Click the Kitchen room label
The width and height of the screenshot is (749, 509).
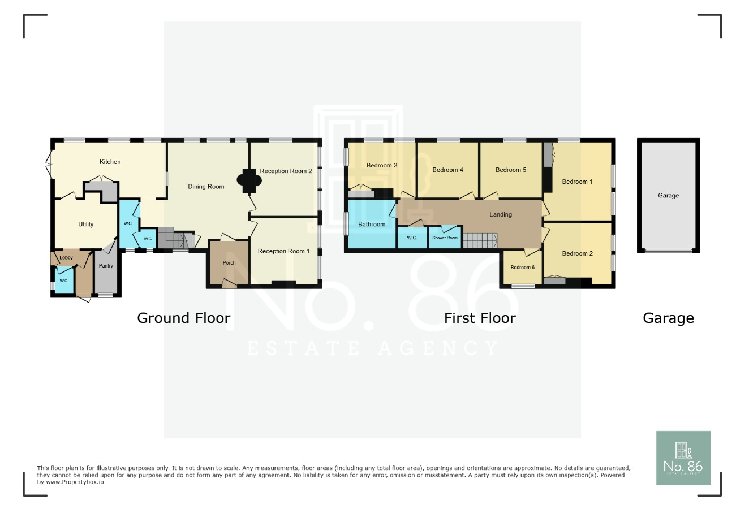pyautogui.click(x=110, y=162)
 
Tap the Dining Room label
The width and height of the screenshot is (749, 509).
pyautogui.click(x=206, y=187)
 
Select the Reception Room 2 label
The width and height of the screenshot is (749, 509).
pyautogui.click(x=286, y=171)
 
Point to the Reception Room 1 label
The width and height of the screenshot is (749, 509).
pyautogui.click(x=283, y=252)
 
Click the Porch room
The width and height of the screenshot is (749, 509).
pyautogui.click(x=229, y=263)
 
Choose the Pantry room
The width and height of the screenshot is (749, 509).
pyautogui.click(x=106, y=266)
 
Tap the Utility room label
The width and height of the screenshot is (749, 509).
pyautogui.click(x=86, y=225)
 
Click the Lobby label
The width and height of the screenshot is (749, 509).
pyautogui.click(x=66, y=258)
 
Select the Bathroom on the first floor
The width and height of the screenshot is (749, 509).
pyautogui.click(x=372, y=225)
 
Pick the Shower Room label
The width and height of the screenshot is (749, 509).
pyautogui.click(x=445, y=238)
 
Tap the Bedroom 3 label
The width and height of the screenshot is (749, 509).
pyautogui.click(x=381, y=166)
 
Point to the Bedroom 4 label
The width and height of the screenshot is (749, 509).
pyautogui.click(x=447, y=170)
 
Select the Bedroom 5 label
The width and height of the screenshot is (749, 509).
pyautogui.click(x=510, y=170)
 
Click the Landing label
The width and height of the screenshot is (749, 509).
pyautogui.click(x=501, y=215)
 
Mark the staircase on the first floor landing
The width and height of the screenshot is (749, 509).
pyautogui.click(x=480, y=240)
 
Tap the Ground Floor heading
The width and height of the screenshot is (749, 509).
pyautogui.click(x=183, y=318)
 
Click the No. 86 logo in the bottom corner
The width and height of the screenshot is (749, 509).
pyautogui.click(x=683, y=458)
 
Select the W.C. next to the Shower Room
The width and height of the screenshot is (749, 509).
pyautogui.click(x=412, y=238)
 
